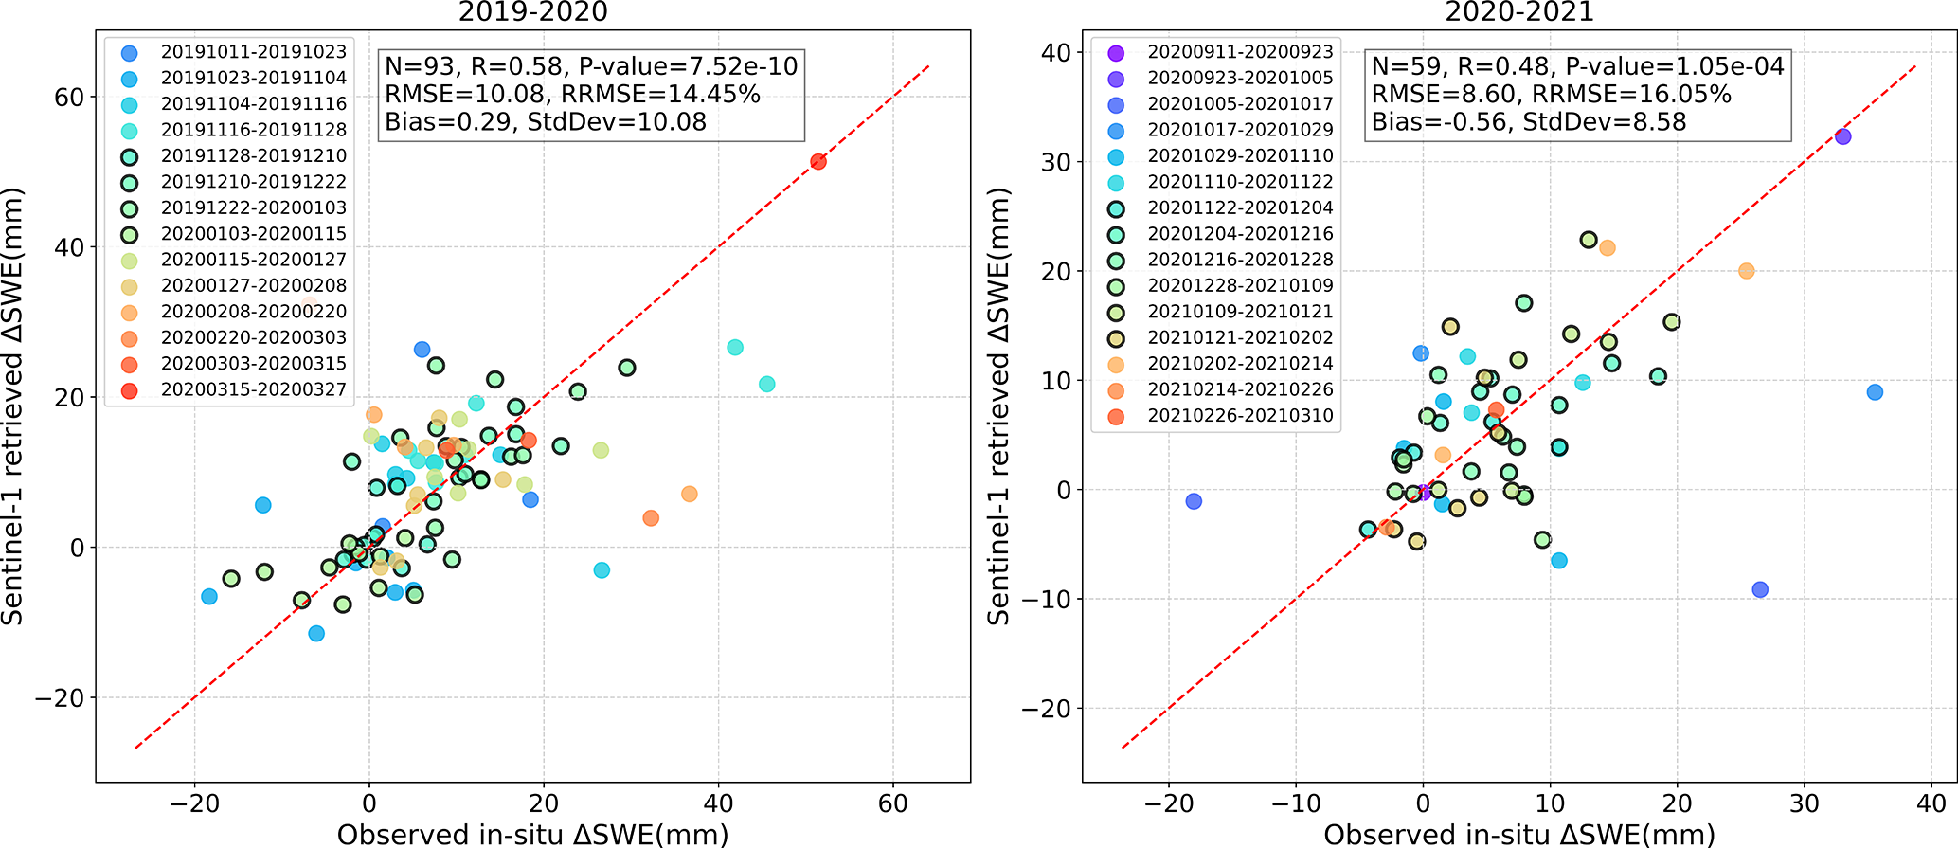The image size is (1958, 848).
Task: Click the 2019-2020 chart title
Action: (x=532, y=12)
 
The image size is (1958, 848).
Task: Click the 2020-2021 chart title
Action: (x=1519, y=12)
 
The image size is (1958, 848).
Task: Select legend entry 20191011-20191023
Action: (x=253, y=52)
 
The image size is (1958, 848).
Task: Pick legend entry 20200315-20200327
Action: (x=253, y=389)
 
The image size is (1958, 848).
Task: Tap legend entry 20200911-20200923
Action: (x=1240, y=52)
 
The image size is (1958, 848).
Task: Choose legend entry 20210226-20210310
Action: (x=1240, y=416)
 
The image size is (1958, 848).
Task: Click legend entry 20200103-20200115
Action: (x=253, y=234)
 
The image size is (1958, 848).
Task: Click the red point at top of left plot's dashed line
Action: (x=818, y=162)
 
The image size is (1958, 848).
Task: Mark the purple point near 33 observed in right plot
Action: (x=1842, y=136)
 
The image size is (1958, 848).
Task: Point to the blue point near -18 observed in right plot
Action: (x=1194, y=501)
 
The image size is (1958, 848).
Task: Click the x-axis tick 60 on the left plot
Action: (x=892, y=804)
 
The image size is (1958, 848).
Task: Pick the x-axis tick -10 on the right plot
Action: (x=1295, y=804)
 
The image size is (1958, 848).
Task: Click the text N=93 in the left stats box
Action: (x=419, y=66)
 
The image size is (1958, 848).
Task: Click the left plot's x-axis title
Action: (x=532, y=834)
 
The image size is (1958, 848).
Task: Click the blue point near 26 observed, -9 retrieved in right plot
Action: (x=1760, y=589)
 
